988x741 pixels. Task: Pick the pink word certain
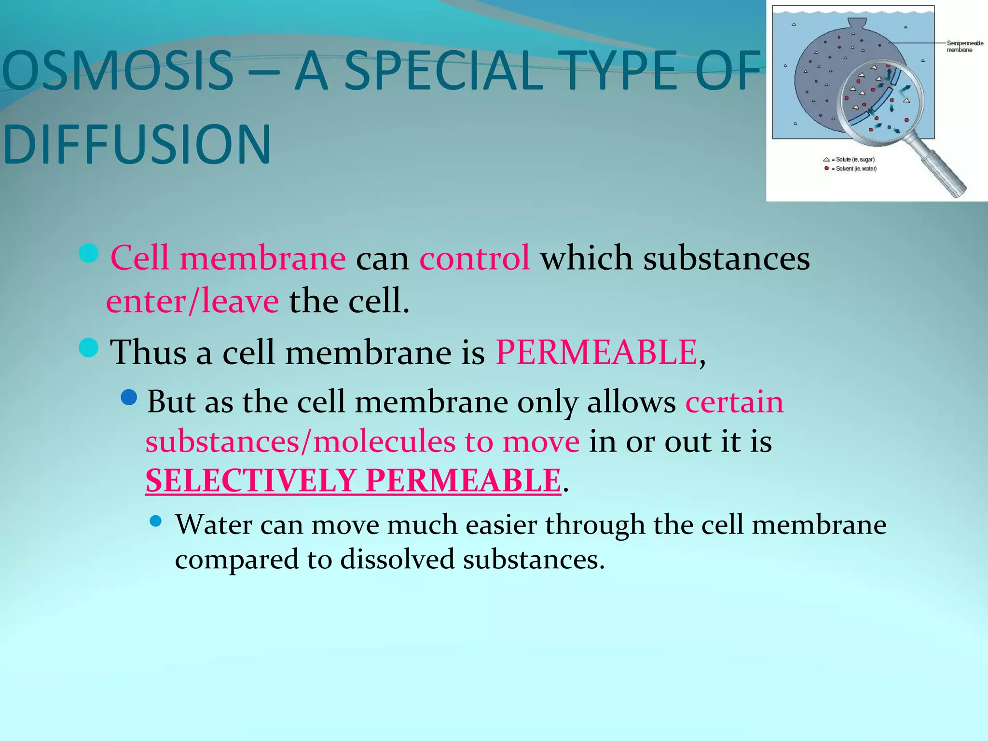(x=734, y=401)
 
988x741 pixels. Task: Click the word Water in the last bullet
(x=213, y=524)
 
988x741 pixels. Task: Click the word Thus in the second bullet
(x=148, y=352)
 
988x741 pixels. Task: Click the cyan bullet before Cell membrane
(x=89, y=253)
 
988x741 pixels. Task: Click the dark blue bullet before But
(x=129, y=398)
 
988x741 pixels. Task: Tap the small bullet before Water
(x=155, y=521)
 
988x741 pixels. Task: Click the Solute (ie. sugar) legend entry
(x=851, y=159)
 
